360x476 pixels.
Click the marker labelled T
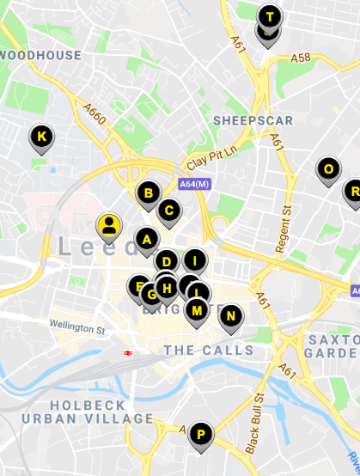pyautogui.click(x=271, y=17)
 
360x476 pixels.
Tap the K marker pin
pyautogui.click(x=41, y=136)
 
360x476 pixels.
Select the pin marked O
pyautogui.click(x=327, y=169)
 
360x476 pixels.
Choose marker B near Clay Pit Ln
pyautogui.click(x=148, y=193)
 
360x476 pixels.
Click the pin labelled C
pyautogui.click(x=169, y=211)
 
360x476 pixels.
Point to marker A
pyautogui.click(x=146, y=239)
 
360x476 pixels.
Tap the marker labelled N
pyautogui.click(x=230, y=316)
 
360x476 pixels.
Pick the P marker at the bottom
pyautogui.click(x=200, y=435)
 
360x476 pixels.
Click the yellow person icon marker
pyautogui.click(x=109, y=226)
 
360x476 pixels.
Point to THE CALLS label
pyautogui.click(x=209, y=350)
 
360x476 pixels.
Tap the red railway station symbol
pyautogui.click(x=126, y=352)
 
